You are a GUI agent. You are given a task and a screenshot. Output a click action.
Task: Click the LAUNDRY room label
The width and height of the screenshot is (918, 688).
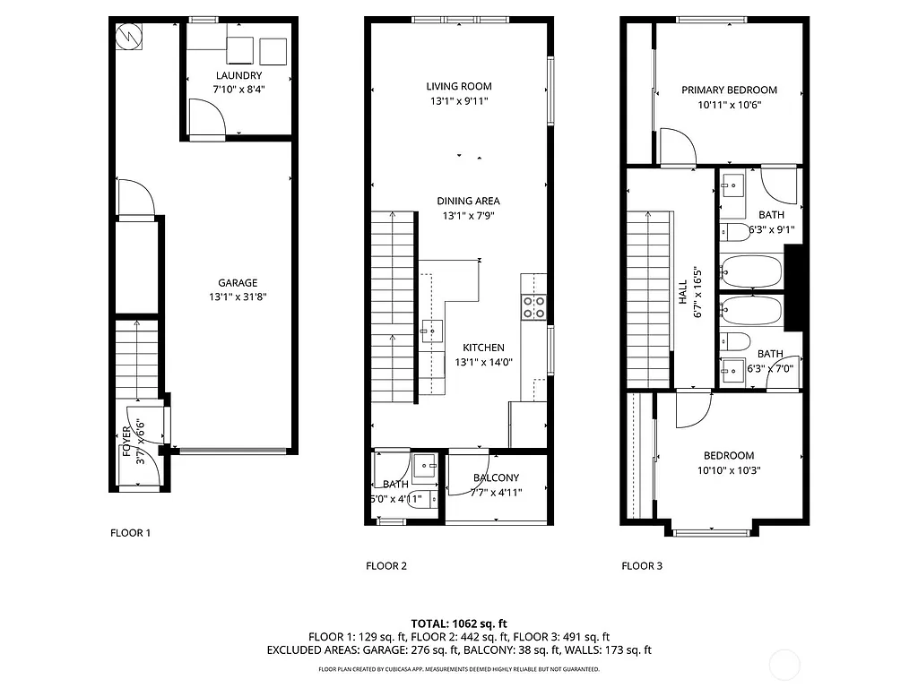[x=238, y=75]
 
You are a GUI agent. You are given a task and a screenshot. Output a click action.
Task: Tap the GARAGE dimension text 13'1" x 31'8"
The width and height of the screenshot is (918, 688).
[x=238, y=297]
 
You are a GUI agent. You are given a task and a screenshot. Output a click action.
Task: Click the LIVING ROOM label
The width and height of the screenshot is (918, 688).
[x=458, y=86]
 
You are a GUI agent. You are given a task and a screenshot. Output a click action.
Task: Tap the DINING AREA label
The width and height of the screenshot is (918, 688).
[x=468, y=201]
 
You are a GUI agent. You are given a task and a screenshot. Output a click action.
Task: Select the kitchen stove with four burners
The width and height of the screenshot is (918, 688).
[x=534, y=307]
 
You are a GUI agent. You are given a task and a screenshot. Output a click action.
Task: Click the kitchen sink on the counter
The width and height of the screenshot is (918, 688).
[x=432, y=331]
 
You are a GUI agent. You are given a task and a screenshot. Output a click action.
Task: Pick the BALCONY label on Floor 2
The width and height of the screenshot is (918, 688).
[x=496, y=477]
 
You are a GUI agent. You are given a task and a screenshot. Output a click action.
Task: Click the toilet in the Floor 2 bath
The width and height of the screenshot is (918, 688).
[x=420, y=501]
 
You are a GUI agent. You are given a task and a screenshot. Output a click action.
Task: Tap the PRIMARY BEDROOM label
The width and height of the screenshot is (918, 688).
[x=729, y=90]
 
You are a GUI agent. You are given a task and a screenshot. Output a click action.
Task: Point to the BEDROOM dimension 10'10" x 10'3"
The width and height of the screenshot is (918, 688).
[x=728, y=470]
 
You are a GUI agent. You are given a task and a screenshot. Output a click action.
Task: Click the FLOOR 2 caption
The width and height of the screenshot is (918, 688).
[x=386, y=565]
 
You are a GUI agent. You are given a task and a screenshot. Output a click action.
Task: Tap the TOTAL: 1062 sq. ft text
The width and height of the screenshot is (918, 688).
[x=459, y=623]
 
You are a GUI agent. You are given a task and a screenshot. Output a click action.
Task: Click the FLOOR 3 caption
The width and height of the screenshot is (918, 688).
[x=642, y=565]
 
